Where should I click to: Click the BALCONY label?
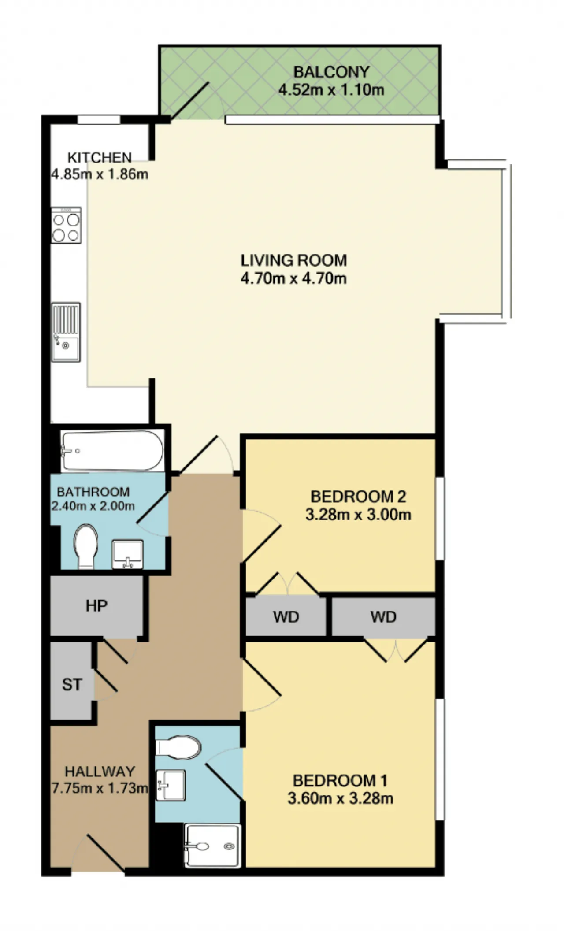pos(331,72)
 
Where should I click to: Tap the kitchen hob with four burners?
pos(66,225)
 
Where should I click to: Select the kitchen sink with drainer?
pos(66,332)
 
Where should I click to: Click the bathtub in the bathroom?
pos(112,450)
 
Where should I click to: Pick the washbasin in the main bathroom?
pos(127,554)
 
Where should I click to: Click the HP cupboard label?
pos(96,606)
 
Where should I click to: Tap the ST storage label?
pos(72,684)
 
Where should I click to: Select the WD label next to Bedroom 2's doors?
pos(286,617)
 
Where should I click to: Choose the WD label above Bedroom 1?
pos(383,617)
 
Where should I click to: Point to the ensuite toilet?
pos(179,748)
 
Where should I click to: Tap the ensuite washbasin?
pos(171,786)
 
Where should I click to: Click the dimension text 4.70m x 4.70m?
pos(293,278)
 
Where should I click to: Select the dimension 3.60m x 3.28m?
pos(340,798)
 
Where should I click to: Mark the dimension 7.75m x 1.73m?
pos(100,787)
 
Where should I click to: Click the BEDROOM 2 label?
pos(358,497)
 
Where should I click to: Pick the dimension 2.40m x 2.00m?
pos(93,506)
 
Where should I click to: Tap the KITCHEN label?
pos(100,157)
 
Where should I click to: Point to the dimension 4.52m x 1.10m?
pos(331,90)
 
